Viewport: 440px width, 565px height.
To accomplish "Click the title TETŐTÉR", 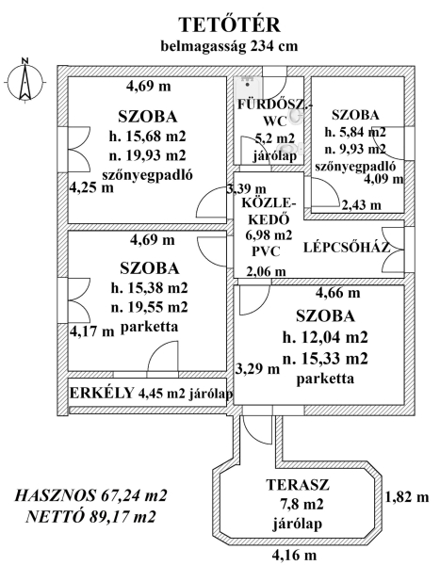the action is [230, 24].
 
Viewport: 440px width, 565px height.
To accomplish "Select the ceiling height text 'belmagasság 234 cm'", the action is [229, 46].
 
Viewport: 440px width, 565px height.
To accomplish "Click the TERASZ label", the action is [298, 485].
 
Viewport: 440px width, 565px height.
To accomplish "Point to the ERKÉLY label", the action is [102, 393].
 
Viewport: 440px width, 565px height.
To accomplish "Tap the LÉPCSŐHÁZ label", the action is [347, 248].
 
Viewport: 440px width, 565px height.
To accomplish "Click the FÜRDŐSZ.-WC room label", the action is [274, 113].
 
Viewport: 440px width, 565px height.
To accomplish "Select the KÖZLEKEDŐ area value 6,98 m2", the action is [269, 235].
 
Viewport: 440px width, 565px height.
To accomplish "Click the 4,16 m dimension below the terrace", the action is [294, 555].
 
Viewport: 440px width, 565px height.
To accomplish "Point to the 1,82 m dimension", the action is [407, 497].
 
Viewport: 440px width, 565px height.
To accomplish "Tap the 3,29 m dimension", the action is [258, 368].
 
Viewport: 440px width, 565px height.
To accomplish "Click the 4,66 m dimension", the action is [338, 293].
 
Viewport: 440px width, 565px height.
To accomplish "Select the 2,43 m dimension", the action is [361, 205].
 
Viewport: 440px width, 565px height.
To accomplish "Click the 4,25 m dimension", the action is [91, 187].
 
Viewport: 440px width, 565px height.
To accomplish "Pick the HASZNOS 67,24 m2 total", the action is [90, 495].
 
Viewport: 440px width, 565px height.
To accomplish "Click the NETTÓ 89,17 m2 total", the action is [90, 517].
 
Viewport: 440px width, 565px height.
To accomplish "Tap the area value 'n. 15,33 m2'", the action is [325, 359].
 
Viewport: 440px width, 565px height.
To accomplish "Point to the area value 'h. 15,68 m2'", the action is [148, 137].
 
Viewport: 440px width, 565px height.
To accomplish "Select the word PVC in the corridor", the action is [266, 251].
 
